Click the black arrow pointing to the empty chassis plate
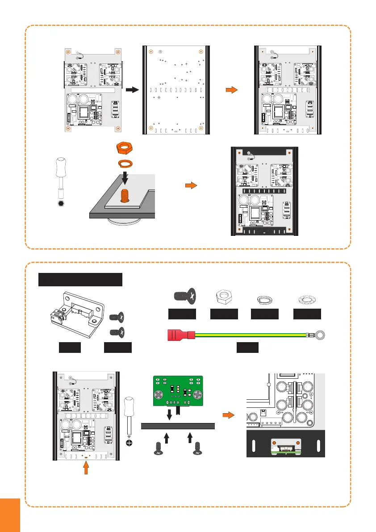(x=130, y=90)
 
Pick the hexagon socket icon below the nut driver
(x=62, y=203)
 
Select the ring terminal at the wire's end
(x=320, y=333)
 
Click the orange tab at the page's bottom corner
(x=10, y=515)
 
